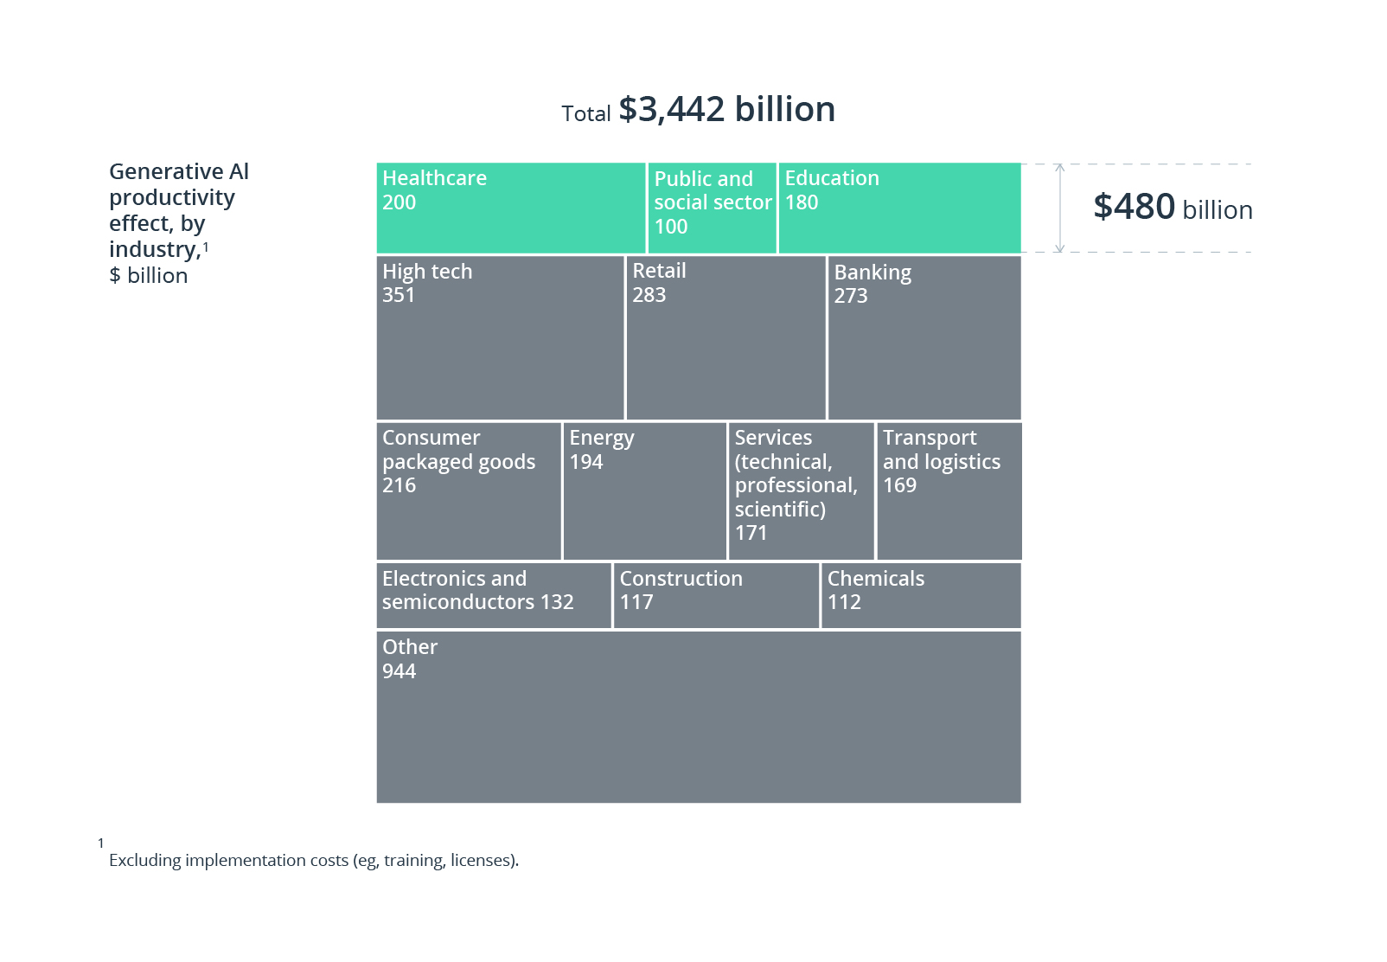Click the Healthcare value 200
399,202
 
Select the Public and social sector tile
712,208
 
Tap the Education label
831,178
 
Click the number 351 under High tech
399,295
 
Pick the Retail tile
725,338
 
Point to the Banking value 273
850,296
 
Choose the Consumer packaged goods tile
469,491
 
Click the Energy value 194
585,462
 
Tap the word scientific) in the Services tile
780,510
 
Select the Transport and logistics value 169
899,485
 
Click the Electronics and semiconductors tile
494,595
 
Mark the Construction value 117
636,602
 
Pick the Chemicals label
875,579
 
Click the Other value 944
399,671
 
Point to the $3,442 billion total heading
726,110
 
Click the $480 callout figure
1134,208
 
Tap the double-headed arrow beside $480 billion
1060,208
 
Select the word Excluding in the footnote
144,860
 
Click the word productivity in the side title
171,198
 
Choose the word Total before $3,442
585,114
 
